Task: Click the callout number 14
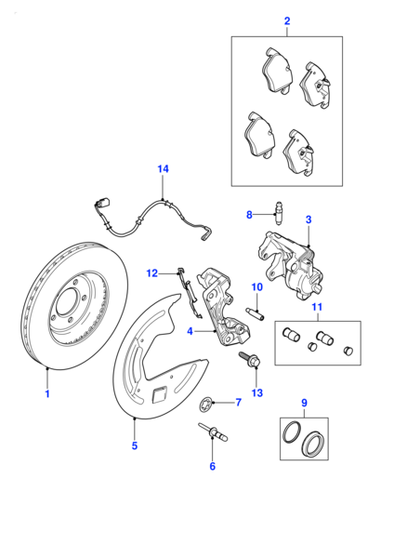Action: [163, 168]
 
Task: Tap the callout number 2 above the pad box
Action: [287, 21]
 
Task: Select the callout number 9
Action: [304, 403]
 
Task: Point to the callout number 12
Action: [151, 273]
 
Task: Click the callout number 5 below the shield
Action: [135, 445]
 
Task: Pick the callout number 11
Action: [317, 307]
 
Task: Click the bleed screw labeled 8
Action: [278, 212]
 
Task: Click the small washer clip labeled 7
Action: [205, 404]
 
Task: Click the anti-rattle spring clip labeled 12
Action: [189, 292]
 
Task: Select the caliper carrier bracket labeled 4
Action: [222, 308]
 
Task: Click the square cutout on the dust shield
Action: [160, 394]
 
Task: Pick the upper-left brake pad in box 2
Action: [277, 72]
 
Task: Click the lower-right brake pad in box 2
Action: [298, 153]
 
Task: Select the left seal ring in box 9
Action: [293, 432]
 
